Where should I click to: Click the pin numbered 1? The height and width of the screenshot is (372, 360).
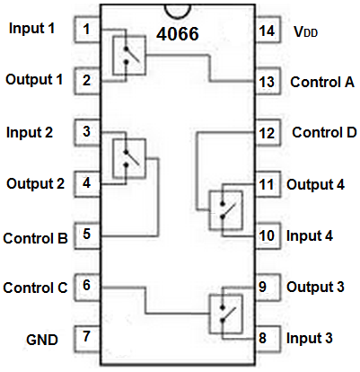(x=87, y=30)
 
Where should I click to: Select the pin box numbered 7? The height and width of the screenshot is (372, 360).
(x=87, y=339)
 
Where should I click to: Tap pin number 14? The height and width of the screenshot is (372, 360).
(x=268, y=30)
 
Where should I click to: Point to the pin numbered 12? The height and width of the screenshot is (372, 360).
(x=268, y=132)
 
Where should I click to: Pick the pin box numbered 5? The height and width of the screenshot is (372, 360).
(x=87, y=235)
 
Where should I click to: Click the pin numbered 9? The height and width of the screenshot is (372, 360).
(x=268, y=288)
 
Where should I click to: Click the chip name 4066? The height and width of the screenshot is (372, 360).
(x=178, y=33)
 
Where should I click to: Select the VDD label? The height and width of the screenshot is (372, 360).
(x=305, y=31)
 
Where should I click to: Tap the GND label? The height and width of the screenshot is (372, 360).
(x=42, y=340)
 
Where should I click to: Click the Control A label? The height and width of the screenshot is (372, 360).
(x=322, y=82)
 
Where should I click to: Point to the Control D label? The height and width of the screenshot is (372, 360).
(x=324, y=132)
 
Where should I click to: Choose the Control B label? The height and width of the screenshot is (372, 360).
(x=35, y=238)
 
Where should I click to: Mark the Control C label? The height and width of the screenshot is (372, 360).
(x=35, y=288)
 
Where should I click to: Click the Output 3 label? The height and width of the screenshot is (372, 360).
(x=315, y=287)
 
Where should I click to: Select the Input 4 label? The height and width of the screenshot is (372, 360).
(x=310, y=235)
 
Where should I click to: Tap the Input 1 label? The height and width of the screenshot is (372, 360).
(x=31, y=28)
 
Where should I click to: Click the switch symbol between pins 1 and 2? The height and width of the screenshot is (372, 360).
(x=129, y=56)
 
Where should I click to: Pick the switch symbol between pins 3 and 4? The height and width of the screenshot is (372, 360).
(x=129, y=158)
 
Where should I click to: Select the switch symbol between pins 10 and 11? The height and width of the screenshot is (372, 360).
(x=226, y=210)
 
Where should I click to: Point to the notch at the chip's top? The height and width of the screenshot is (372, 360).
(x=178, y=12)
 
